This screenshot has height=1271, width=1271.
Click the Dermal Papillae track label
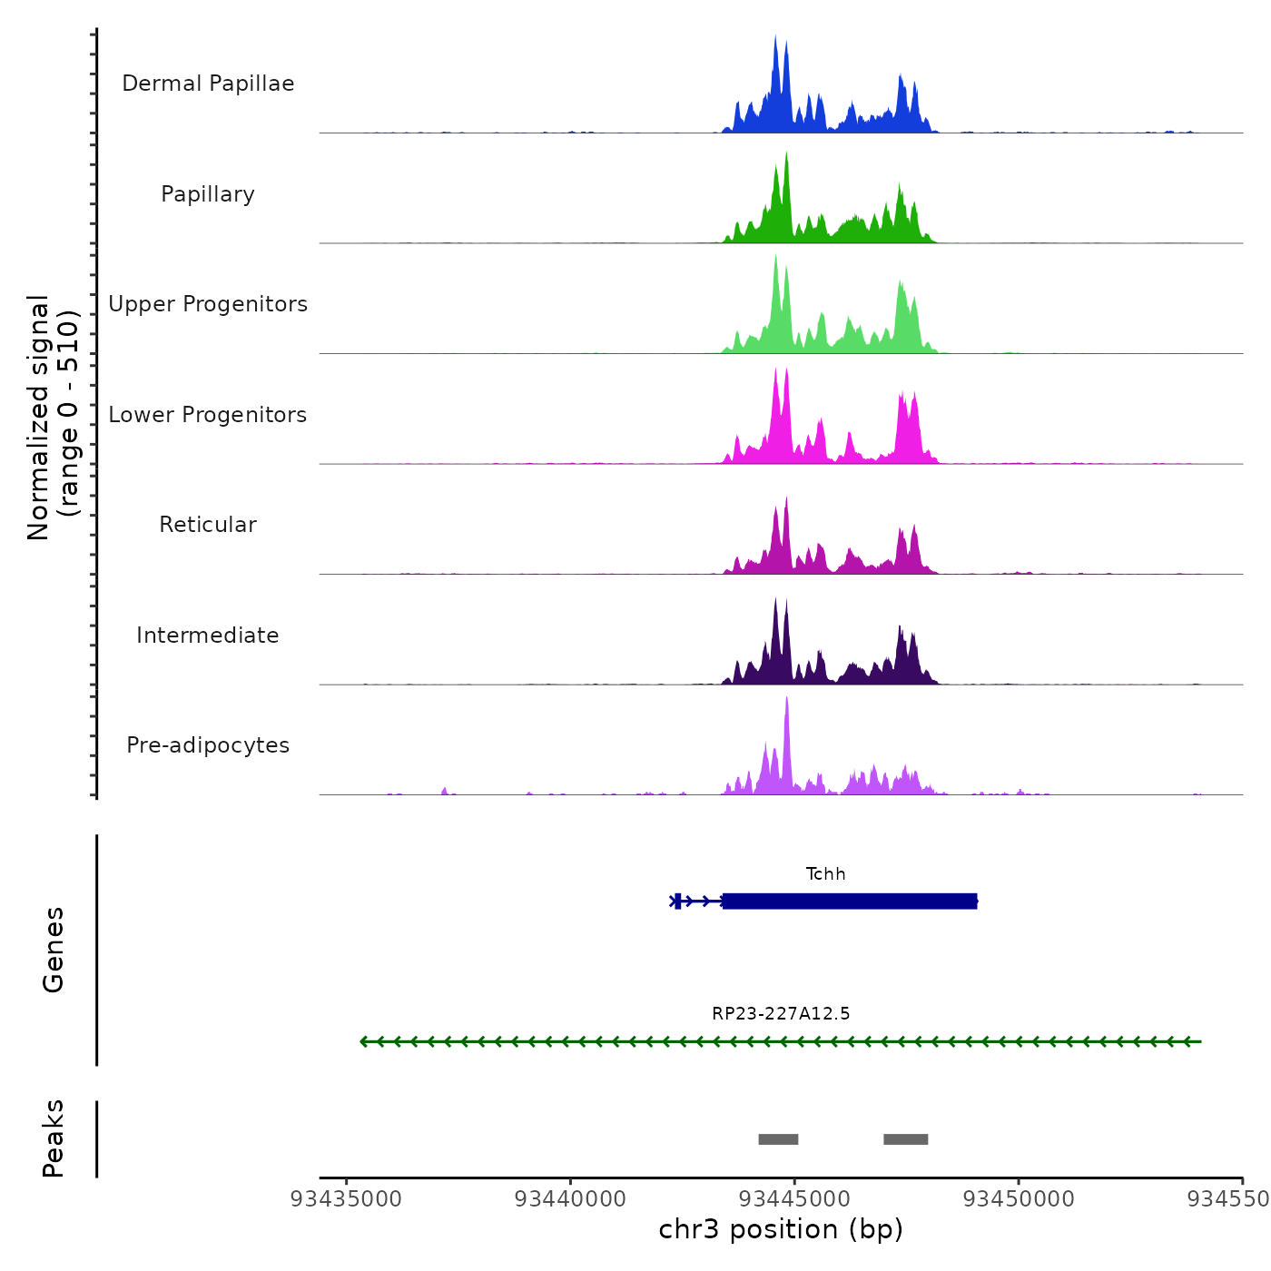(x=208, y=84)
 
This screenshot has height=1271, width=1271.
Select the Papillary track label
(x=208, y=194)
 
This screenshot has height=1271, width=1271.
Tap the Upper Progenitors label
(x=208, y=304)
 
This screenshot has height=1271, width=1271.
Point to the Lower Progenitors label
(x=208, y=415)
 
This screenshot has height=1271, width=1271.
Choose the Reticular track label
(x=208, y=525)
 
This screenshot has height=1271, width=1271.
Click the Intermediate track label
(x=208, y=635)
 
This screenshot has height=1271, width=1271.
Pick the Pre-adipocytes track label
(x=208, y=745)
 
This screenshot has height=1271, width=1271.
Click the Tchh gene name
(x=825, y=874)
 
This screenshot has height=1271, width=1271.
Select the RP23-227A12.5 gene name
(x=781, y=1014)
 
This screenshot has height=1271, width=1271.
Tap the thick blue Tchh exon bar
(x=850, y=902)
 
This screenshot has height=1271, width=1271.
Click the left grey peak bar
(x=778, y=1139)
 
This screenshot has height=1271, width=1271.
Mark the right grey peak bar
(x=905, y=1139)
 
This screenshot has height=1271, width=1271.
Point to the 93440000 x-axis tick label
(x=570, y=1199)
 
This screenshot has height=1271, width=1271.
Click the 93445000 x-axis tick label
(x=794, y=1199)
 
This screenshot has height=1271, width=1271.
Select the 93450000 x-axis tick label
(x=1019, y=1199)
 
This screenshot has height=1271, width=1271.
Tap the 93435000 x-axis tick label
(x=346, y=1199)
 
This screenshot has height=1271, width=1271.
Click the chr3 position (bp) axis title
(x=781, y=1229)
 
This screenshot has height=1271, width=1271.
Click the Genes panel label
(x=54, y=950)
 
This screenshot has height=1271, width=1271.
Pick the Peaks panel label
(x=54, y=1138)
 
